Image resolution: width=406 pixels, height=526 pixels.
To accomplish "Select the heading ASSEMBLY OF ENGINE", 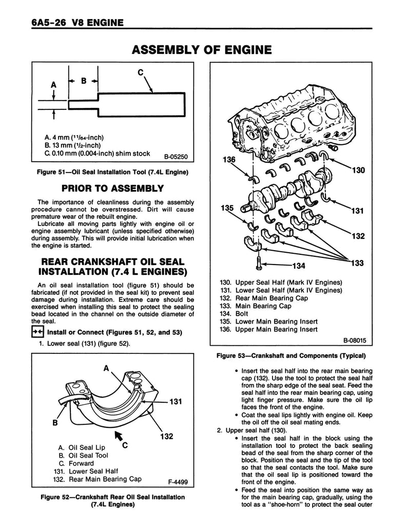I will pyautogui.click(x=202, y=49).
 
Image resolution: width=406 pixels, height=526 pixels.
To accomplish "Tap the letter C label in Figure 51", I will pyautogui.click(x=140, y=73).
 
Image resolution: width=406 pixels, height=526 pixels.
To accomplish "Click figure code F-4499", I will pyautogui.click(x=177, y=482).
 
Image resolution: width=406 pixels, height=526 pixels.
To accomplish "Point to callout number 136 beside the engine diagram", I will pyautogui.click(x=228, y=160).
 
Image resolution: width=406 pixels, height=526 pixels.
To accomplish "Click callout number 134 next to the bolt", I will pyautogui.click(x=298, y=266).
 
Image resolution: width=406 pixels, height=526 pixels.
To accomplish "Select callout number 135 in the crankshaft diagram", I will pyautogui.click(x=227, y=209).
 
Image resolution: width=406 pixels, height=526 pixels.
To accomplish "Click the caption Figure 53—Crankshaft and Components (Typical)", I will pyautogui.click(x=291, y=355).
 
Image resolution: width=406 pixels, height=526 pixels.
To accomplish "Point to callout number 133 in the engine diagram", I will pyautogui.click(x=357, y=264).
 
